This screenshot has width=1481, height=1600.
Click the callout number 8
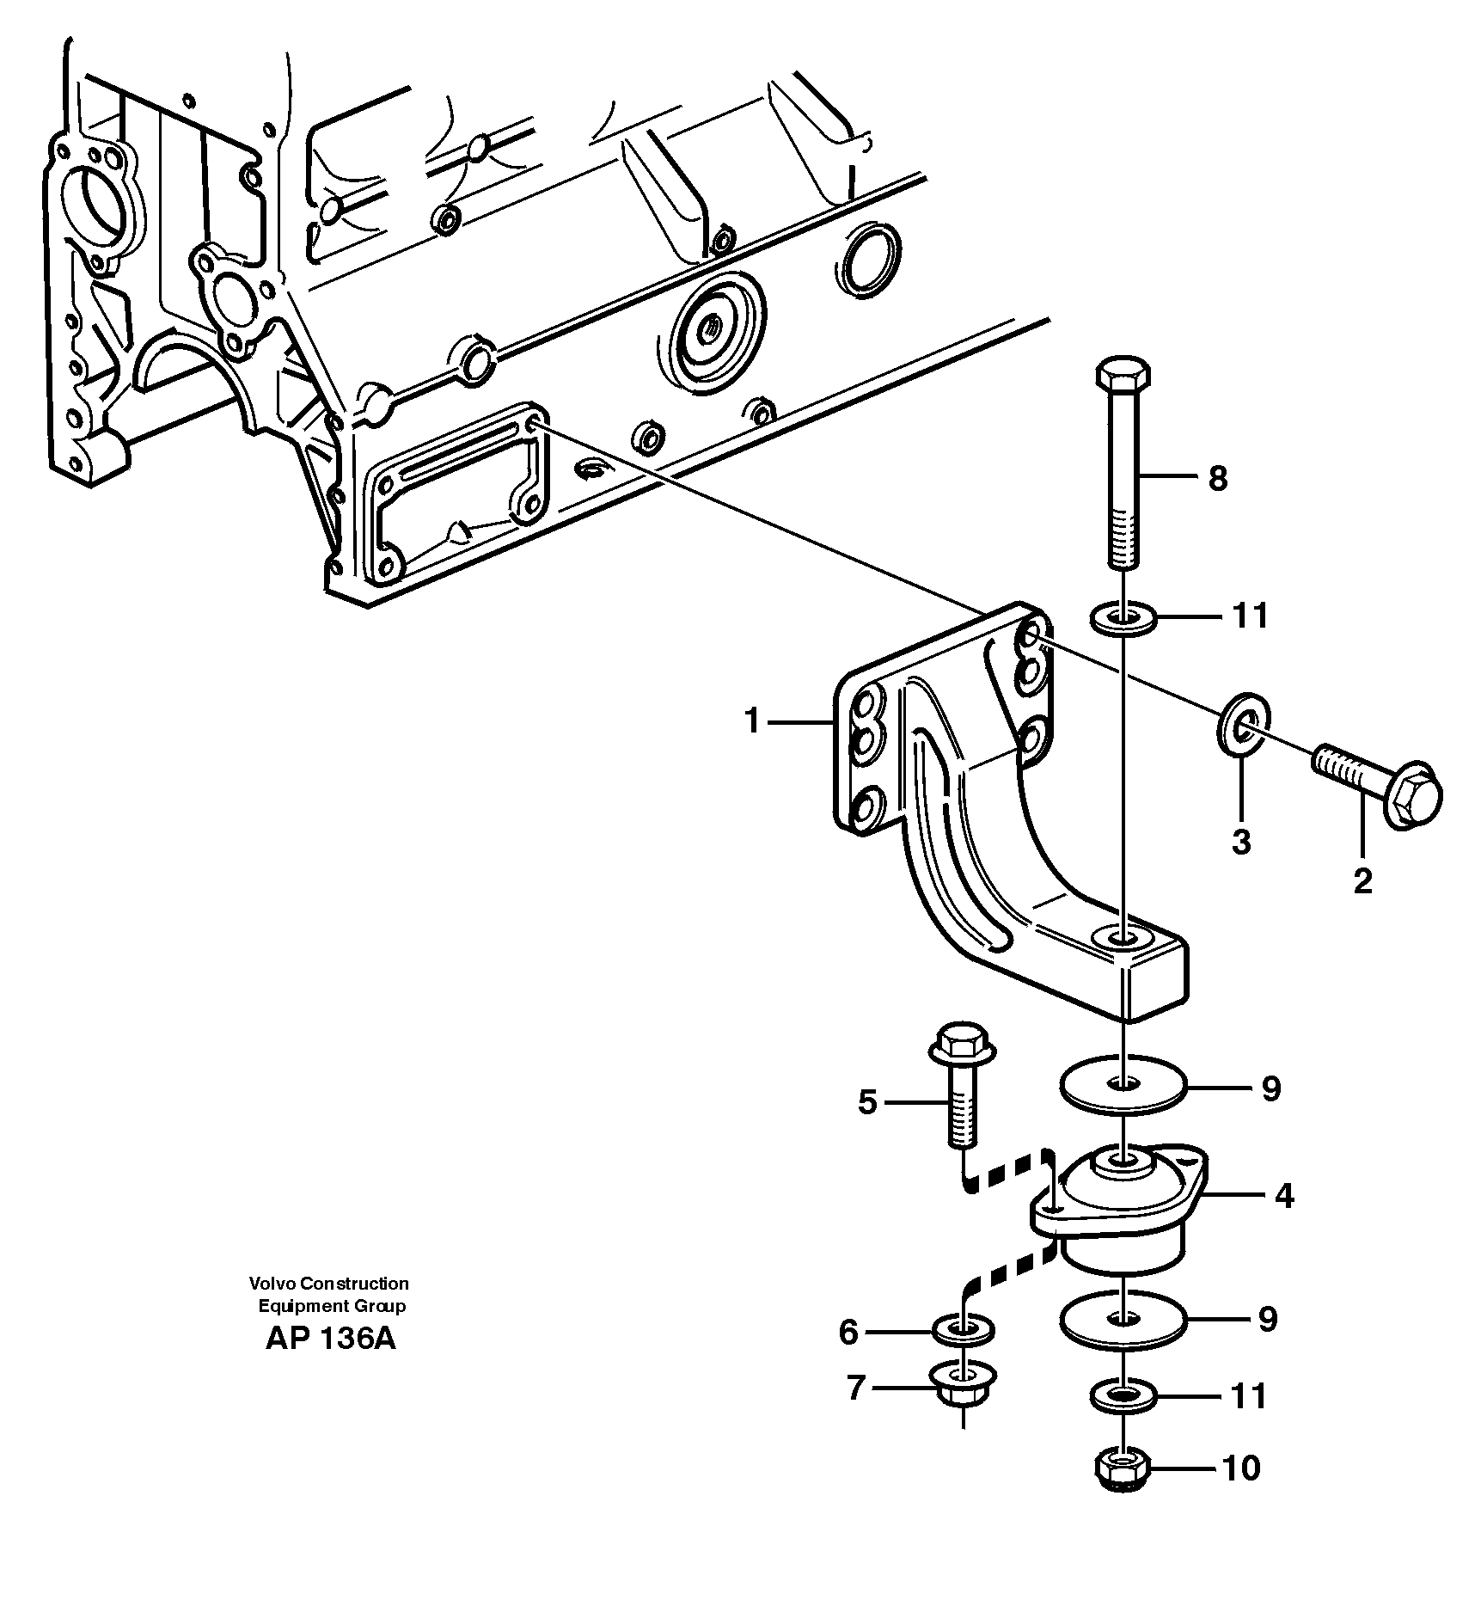coord(1217,479)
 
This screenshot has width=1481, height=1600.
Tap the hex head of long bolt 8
coord(1123,376)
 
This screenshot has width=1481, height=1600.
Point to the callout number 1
coord(753,720)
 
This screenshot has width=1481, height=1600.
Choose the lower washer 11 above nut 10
coord(1123,1396)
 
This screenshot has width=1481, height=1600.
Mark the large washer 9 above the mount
coord(1123,1086)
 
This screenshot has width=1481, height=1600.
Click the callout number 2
coord(1362,881)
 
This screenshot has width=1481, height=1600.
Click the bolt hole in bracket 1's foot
coord(1123,937)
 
